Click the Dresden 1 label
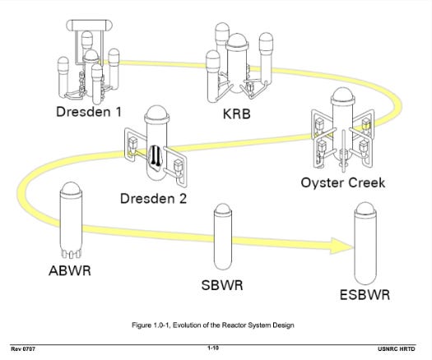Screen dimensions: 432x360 [88, 112]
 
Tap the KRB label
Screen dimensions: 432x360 [237, 114]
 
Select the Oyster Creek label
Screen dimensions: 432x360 [343, 182]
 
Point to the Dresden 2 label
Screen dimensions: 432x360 [153, 198]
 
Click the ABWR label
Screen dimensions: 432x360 [70, 270]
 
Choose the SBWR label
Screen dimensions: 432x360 [222, 285]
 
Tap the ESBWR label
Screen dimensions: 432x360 [365, 295]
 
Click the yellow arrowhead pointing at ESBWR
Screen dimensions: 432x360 [341, 246]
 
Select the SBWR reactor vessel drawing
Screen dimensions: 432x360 [223, 237]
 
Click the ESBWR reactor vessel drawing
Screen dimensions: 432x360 [365, 243]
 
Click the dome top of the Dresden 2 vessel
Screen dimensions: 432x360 [156, 113]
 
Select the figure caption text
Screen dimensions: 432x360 [213, 325]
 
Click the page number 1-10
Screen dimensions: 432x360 [213, 348]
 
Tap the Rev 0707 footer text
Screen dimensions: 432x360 [23, 349]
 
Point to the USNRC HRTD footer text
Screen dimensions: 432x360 [396, 349]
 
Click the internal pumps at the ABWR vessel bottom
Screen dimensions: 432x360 [71, 254]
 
